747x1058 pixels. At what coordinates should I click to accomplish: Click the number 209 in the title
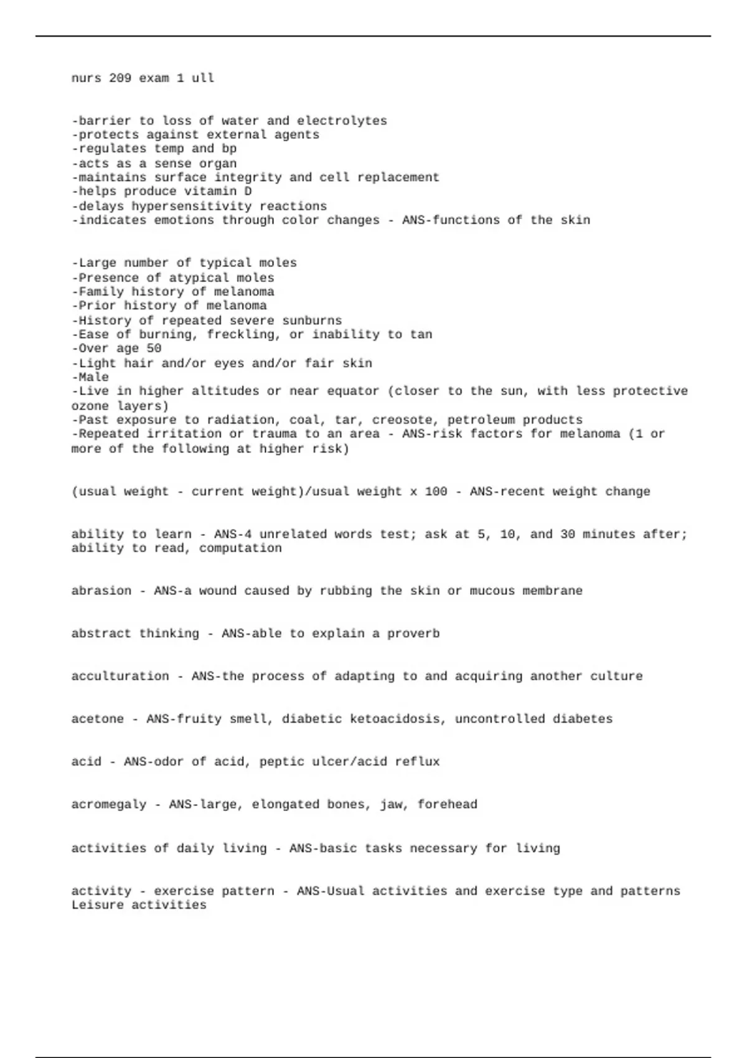point(120,78)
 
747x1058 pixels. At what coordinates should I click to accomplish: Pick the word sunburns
point(312,321)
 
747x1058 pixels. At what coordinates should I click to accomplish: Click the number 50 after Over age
point(154,349)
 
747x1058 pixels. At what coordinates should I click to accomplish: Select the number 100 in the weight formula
point(436,492)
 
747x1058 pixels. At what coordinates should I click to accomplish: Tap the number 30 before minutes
point(567,535)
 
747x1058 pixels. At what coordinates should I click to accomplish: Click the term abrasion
point(101,591)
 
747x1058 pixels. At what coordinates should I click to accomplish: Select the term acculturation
point(120,676)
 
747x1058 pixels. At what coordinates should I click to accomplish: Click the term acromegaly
point(108,805)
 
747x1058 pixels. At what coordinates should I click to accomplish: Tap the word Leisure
point(97,906)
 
